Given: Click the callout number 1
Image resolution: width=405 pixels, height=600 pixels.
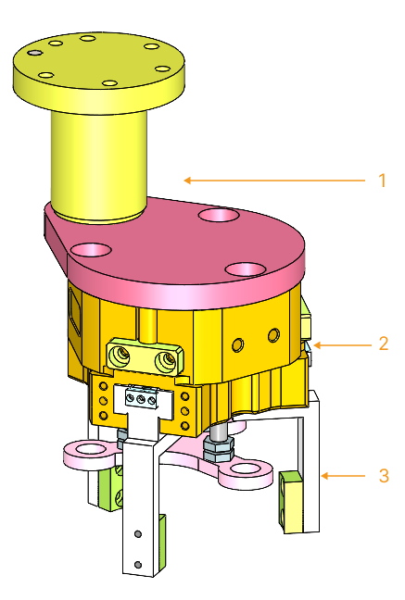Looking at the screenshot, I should (381, 180).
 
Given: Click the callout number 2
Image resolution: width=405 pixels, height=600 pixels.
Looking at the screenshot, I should (382, 344).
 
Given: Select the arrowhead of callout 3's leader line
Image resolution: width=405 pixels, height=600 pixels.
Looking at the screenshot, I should (322, 476).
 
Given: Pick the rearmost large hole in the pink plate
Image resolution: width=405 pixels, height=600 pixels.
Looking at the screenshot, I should (219, 215).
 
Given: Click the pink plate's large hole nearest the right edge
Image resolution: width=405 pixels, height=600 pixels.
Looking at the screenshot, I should (245, 269).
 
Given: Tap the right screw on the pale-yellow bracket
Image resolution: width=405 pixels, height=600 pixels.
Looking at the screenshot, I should (167, 356).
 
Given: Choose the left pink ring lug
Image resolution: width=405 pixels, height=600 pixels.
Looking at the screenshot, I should (88, 452).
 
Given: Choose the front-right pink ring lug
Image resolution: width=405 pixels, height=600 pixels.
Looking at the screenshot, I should (245, 470).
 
